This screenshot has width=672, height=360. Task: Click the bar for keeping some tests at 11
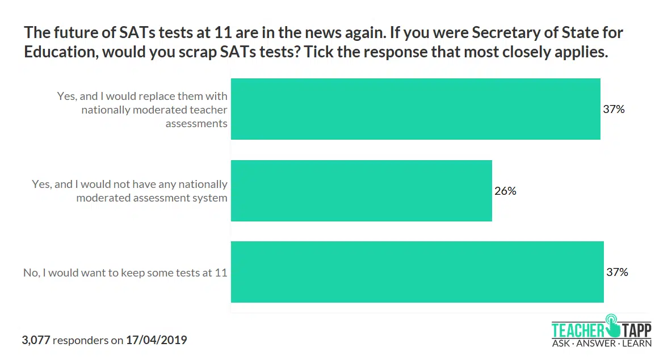pyautogui.click(x=417, y=272)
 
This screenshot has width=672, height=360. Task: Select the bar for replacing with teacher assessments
pyautogui.click(x=415, y=109)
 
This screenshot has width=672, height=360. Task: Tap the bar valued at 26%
pyautogui.click(x=361, y=191)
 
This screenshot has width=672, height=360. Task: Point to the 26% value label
pyautogui.click(x=505, y=191)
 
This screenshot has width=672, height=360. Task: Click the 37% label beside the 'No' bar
pyautogui.click(x=617, y=272)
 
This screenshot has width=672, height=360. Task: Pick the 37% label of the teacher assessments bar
pyautogui.click(x=614, y=109)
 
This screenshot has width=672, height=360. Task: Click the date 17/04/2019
pyautogui.click(x=156, y=341)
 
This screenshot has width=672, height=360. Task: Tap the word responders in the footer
pyautogui.click(x=81, y=341)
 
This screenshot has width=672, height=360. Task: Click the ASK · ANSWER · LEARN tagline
pyautogui.click(x=602, y=343)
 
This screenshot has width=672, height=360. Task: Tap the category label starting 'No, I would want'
pyautogui.click(x=125, y=273)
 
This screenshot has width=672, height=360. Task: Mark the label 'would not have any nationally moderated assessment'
pyautogui.click(x=130, y=191)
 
